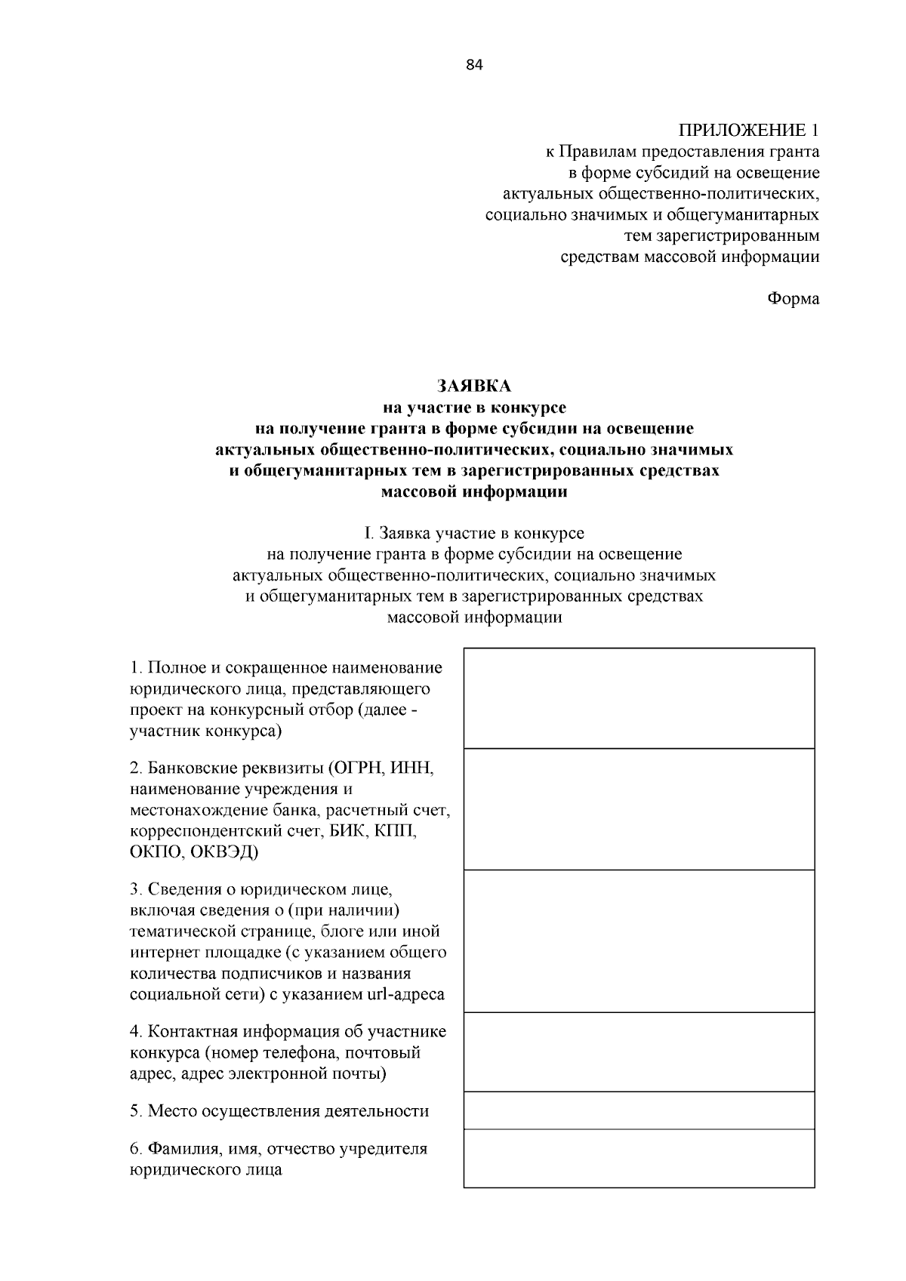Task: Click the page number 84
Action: (474, 65)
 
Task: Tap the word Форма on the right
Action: (793, 299)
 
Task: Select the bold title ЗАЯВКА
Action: (474, 386)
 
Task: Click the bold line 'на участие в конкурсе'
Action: (474, 408)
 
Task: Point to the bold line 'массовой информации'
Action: (474, 493)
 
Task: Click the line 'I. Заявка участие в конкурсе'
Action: (474, 534)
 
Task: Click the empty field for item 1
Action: (639, 698)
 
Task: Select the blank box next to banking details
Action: (639, 809)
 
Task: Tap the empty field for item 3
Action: (639, 941)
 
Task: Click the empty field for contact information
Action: (639, 1052)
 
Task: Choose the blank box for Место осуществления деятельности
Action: (639, 1110)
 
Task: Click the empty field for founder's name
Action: (639, 1159)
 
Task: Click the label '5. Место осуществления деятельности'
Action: (279, 1111)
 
